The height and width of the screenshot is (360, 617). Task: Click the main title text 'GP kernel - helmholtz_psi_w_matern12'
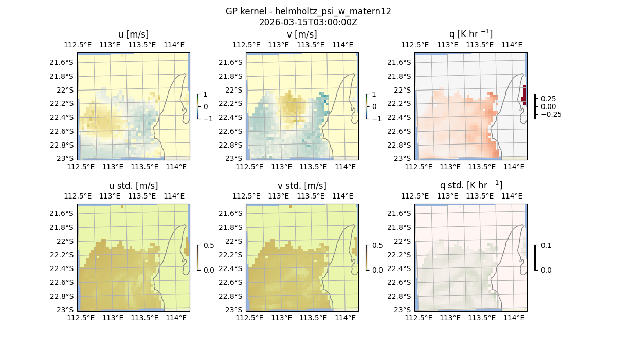pos(308,11)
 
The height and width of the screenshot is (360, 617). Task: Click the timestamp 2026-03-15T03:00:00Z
pos(308,22)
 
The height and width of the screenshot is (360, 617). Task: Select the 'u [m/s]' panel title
pos(133,34)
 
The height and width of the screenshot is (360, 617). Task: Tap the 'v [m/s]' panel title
pos(302,34)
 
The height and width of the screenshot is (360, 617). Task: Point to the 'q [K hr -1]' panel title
pos(470,34)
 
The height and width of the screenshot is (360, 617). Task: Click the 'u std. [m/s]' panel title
pos(133,186)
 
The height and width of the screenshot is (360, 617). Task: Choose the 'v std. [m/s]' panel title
pos(302,186)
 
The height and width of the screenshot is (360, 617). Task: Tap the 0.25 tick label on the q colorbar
pos(548,98)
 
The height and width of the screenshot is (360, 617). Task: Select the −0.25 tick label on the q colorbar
pos(550,114)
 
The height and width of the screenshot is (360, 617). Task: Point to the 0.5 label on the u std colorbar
pos(209,245)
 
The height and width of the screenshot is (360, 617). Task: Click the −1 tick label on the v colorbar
pos(377,118)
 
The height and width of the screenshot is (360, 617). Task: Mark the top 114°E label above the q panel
pos(512,45)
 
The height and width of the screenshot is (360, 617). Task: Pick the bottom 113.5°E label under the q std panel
pos(482,318)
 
